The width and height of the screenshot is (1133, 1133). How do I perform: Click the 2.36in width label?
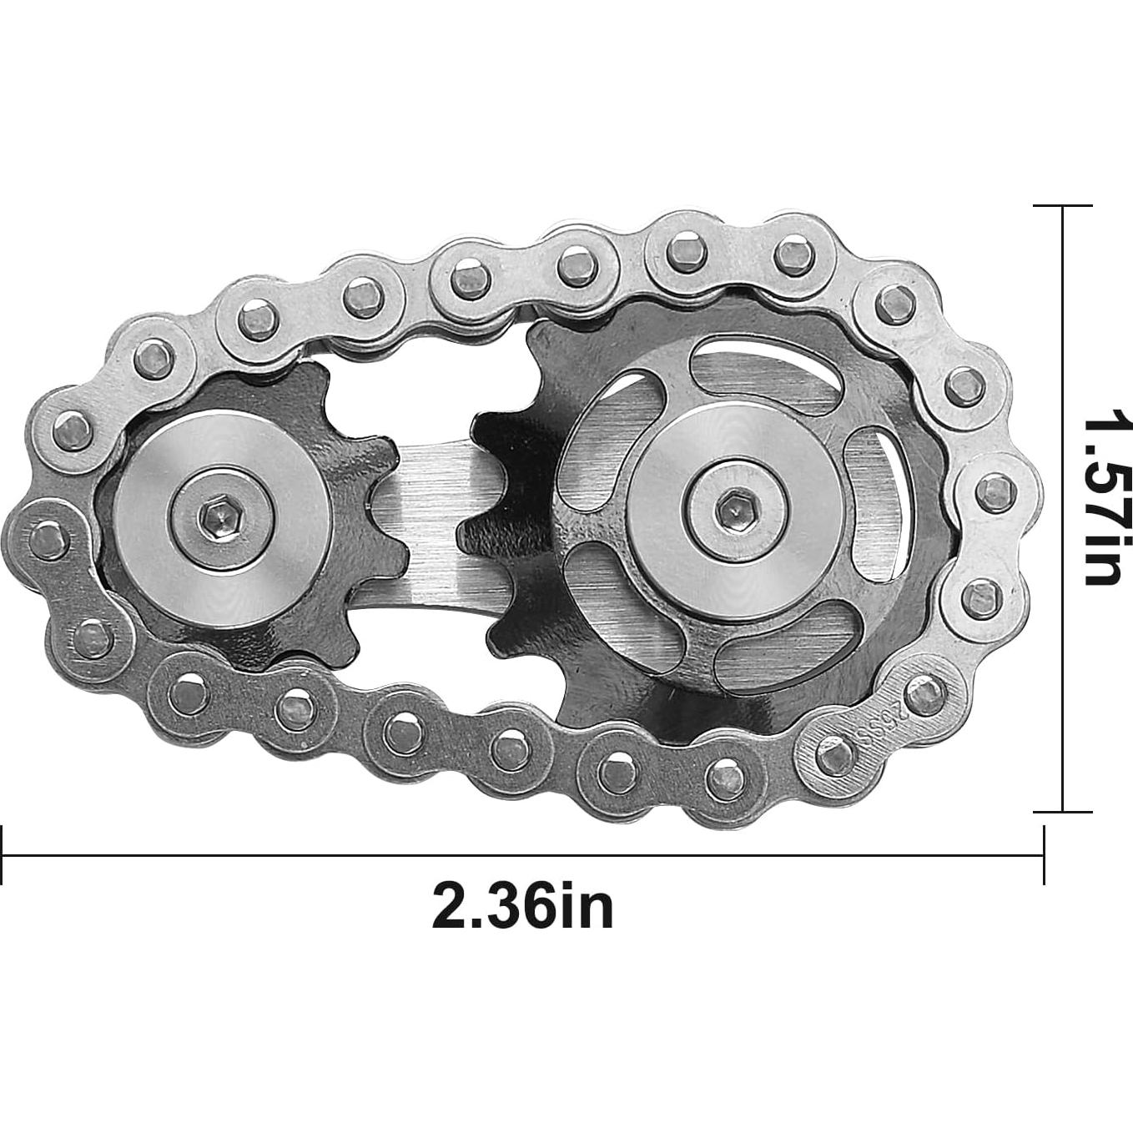[522, 907]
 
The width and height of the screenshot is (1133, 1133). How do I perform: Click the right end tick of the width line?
[1044, 854]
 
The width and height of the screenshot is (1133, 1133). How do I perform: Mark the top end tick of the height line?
[1062, 205]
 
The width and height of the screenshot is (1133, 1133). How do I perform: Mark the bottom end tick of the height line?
[1062, 811]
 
